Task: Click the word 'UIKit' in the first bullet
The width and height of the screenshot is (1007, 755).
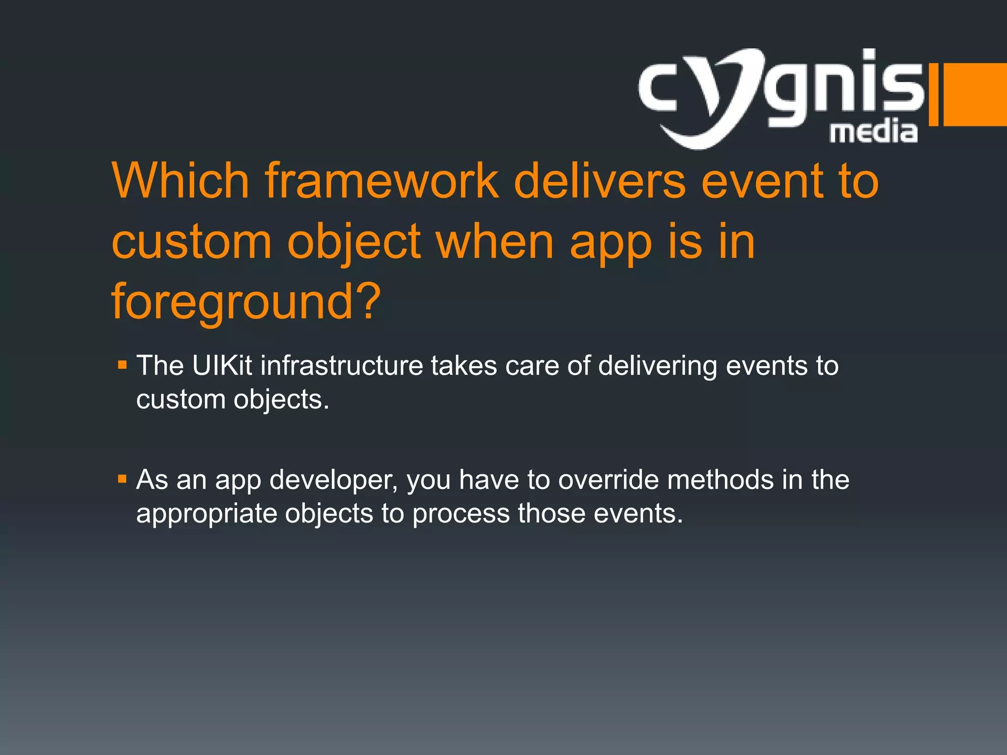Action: (x=222, y=366)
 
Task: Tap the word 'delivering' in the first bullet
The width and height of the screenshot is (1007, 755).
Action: (x=657, y=366)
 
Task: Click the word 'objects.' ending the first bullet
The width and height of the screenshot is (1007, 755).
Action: (x=281, y=399)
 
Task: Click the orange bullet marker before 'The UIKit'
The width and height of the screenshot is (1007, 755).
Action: (x=122, y=365)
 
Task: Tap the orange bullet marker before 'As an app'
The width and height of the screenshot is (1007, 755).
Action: (x=122, y=479)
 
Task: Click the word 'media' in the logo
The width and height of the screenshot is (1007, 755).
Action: (x=873, y=132)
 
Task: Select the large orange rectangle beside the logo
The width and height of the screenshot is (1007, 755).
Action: (x=975, y=94)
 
